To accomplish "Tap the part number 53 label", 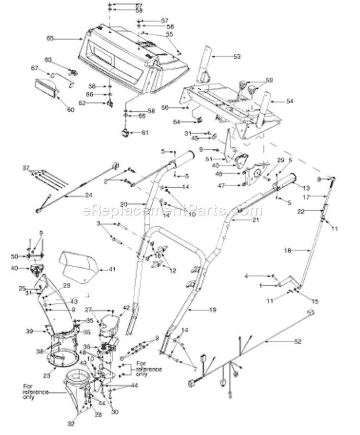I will pos(237,57).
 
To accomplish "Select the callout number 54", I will pos(289,101).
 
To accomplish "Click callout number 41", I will pos(112,269).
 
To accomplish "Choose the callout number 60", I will pos(71,109).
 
